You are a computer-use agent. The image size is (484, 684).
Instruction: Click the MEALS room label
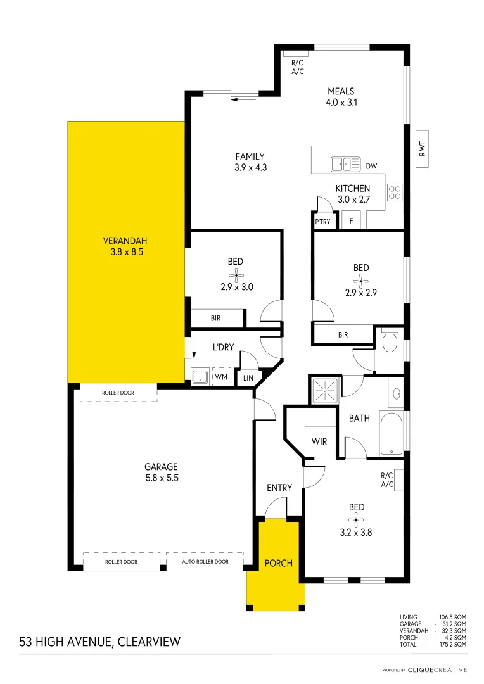pos(341,91)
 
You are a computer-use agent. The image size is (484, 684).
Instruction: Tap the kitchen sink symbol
pos(345,165)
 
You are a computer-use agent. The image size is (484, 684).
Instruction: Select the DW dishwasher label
pos(371,166)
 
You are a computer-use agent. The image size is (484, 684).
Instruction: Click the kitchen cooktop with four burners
pos(395,191)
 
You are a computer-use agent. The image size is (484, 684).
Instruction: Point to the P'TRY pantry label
pos(322,222)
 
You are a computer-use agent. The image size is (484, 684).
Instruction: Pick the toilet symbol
pos(389,341)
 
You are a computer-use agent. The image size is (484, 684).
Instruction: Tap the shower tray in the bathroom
pos(326,390)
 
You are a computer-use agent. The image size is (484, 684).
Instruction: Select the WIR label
pos(319,441)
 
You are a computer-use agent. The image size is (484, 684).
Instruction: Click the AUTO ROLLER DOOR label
pos(205,562)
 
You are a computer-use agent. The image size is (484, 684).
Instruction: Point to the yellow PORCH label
pos(278,563)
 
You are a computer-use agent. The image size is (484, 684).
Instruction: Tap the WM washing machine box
pos(221,377)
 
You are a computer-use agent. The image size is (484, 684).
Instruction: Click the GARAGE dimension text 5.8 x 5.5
pos(161,479)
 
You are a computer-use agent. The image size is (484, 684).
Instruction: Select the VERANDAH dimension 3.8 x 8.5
pos(125,251)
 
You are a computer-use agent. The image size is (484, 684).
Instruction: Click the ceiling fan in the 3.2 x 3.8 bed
pos(357,521)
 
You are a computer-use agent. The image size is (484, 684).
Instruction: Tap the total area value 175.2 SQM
pos(452,643)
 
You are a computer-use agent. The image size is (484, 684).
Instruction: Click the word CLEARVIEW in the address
pos(150,642)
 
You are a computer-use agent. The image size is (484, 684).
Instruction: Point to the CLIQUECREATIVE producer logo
pos(437,669)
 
